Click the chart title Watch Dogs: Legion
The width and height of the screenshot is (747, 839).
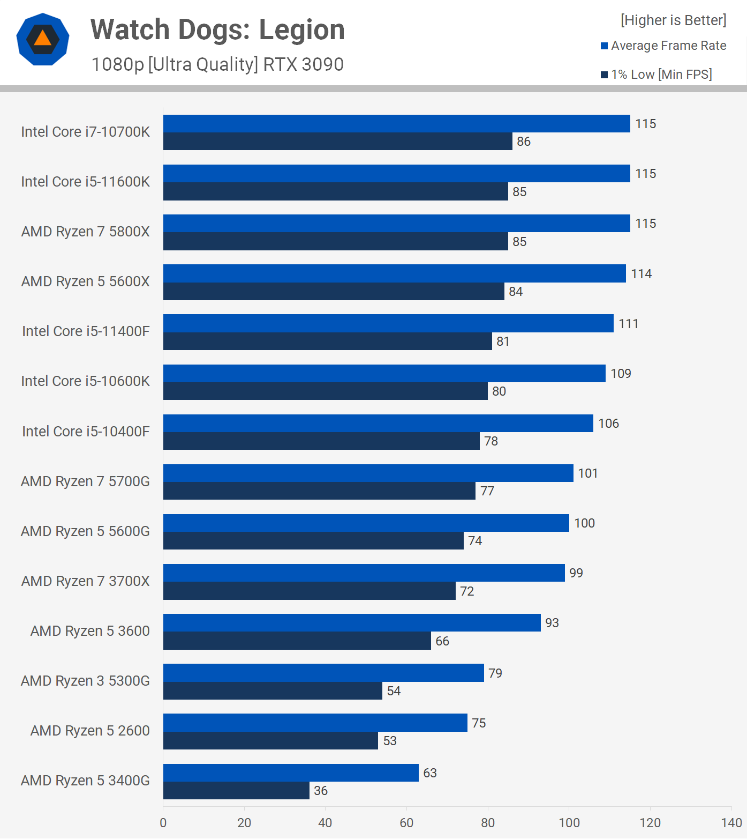(217, 30)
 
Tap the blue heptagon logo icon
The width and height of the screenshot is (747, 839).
(43, 39)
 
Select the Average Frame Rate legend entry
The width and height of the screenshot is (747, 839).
(663, 46)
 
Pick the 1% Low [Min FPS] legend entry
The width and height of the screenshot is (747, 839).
(657, 75)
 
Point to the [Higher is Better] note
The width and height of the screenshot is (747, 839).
(673, 20)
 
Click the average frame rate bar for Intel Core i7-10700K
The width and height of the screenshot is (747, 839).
(396, 123)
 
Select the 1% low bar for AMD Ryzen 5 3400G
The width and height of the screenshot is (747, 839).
(236, 791)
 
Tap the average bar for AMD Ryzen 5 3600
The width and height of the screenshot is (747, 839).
(352, 623)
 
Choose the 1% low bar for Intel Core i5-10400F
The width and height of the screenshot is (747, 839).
(321, 441)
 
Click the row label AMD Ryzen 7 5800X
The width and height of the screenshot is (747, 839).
(86, 232)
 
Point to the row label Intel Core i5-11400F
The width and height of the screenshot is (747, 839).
(86, 331)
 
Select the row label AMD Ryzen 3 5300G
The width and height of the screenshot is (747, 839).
(85, 681)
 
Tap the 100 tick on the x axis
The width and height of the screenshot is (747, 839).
(569, 823)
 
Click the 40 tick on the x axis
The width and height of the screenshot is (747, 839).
(325, 823)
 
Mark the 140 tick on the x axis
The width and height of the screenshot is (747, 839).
(731, 823)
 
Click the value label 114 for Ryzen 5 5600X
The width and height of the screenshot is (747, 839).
(641, 274)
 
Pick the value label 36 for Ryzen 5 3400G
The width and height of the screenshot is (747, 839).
(321, 791)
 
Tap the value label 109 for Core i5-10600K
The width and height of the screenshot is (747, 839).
(621, 374)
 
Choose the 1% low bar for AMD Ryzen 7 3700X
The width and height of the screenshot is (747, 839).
(310, 591)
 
